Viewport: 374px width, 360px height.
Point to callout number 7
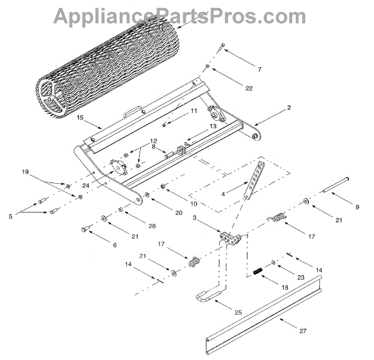259,69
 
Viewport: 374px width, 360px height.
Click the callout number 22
249,88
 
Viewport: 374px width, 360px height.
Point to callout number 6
114,245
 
